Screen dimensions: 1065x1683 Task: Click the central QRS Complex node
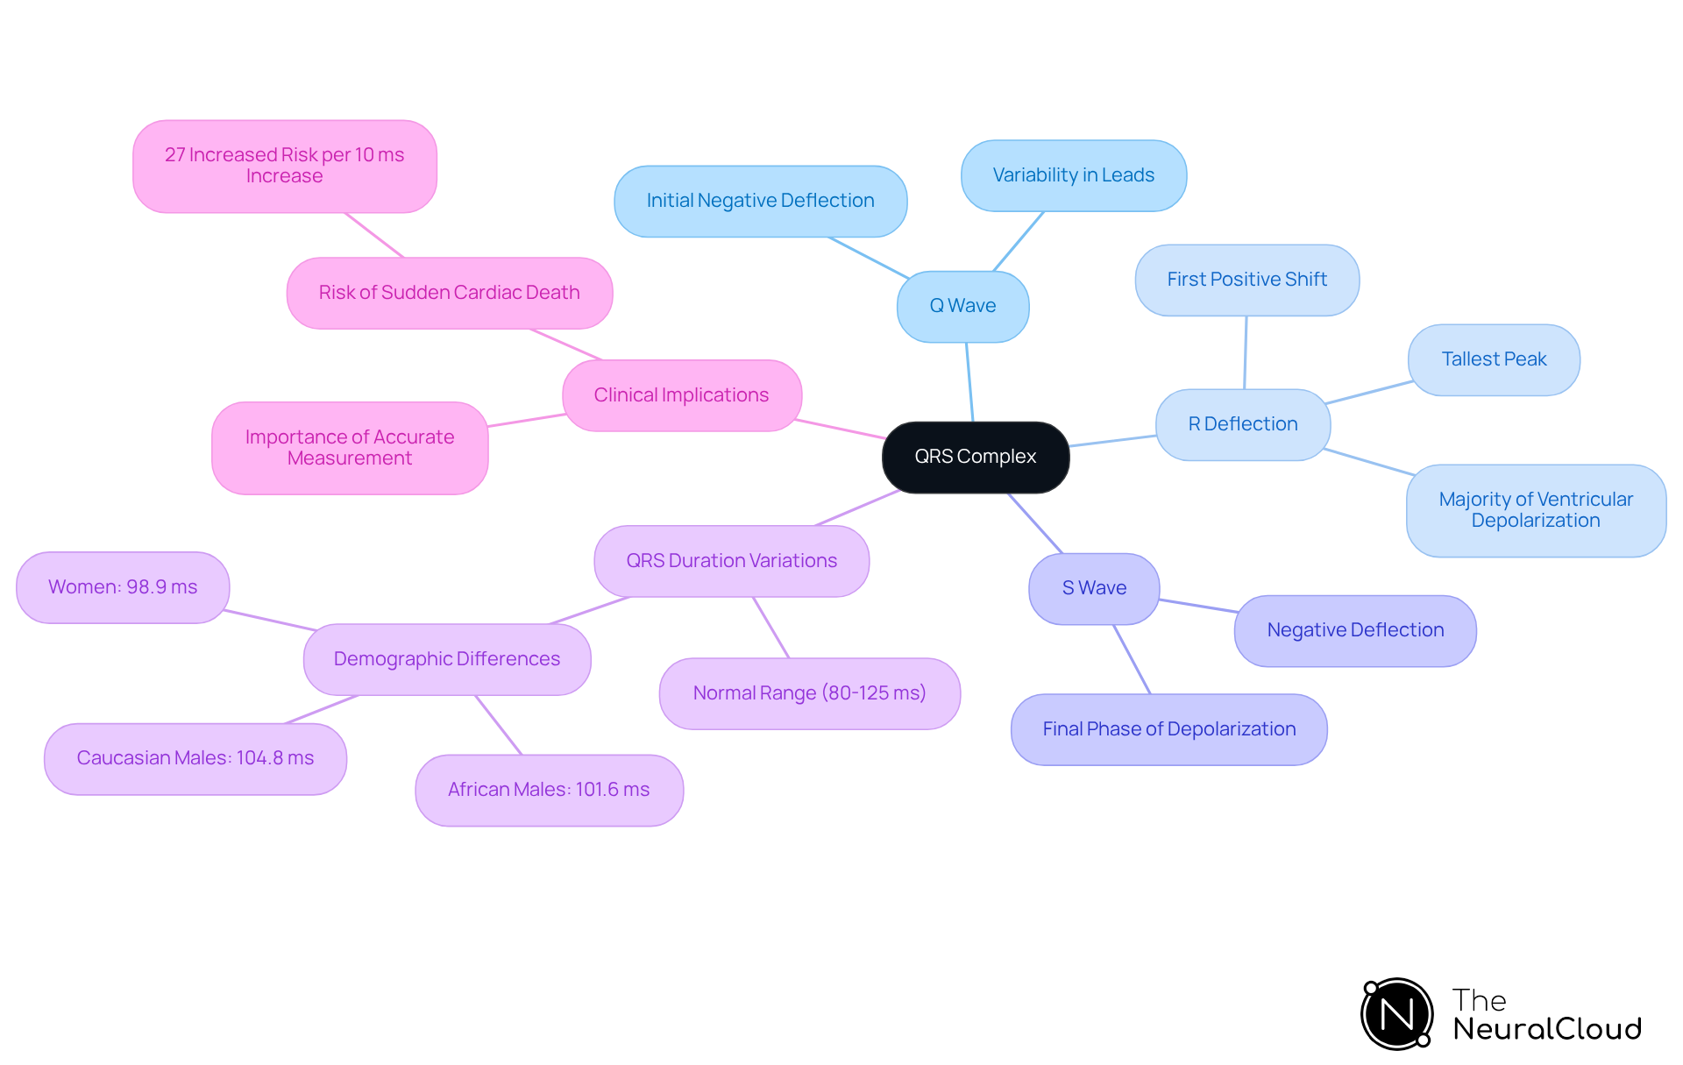(x=975, y=457)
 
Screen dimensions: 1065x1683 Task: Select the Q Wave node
(x=962, y=306)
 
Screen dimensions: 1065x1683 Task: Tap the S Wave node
(x=1094, y=588)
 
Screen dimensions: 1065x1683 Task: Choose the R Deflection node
(x=1242, y=424)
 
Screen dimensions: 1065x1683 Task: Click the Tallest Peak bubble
(x=1494, y=359)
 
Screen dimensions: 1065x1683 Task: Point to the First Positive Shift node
(x=1246, y=280)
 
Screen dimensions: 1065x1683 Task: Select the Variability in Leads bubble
(x=1073, y=175)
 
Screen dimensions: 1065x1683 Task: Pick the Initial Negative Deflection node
(x=760, y=201)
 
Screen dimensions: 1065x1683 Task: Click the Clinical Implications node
(x=681, y=395)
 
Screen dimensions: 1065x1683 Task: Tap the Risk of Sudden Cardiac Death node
(x=449, y=293)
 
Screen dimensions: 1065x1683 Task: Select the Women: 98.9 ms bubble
(x=123, y=587)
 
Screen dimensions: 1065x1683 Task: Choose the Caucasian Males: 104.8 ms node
(x=195, y=758)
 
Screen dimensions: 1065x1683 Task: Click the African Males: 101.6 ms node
(x=549, y=790)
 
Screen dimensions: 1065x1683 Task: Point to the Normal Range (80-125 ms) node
(x=809, y=693)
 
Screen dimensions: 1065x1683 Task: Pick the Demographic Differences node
(x=446, y=659)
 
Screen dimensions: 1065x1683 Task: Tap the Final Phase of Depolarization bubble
(x=1168, y=729)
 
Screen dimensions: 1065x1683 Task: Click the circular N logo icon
(x=1396, y=1014)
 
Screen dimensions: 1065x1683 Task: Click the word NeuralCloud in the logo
(x=1547, y=1029)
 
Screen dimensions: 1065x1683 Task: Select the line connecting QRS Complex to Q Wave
(x=969, y=382)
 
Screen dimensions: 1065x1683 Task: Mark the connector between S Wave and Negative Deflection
(x=1197, y=606)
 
